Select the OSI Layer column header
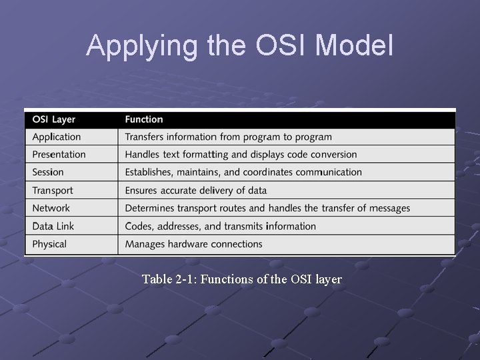[x=54, y=119]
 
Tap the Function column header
[x=144, y=119]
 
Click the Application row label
[x=57, y=137]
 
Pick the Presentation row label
[x=59, y=155]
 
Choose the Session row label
[x=48, y=172]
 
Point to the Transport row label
[x=53, y=190]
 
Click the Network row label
[x=51, y=208]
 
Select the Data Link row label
[x=53, y=226]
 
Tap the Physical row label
[x=49, y=244]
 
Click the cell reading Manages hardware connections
[x=194, y=244]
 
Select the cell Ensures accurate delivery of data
[x=195, y=190]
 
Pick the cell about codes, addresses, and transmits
[x=221, y=226]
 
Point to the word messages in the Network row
[x=387, y=208]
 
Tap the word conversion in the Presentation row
[x=333, y=155]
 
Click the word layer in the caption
[x=328, y=279]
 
